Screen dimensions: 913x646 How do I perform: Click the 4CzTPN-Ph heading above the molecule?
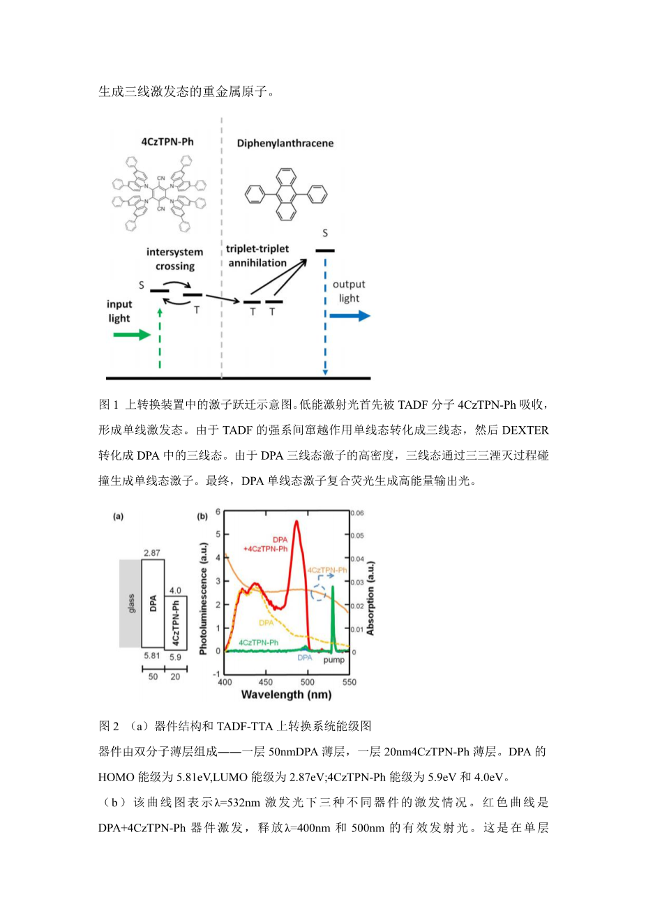click(x=167, y=142)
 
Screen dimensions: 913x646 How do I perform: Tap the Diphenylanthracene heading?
click(x=285, y=143)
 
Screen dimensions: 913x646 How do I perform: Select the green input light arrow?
click(x=131, y=335)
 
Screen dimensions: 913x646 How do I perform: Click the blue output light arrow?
click(x=350, y=317)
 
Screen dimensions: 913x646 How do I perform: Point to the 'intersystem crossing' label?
click(x=174, y=259)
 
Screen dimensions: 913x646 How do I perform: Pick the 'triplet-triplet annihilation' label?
click(x=257, y=256)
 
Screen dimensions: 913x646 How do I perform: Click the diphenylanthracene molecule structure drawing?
click(x=286, y=195)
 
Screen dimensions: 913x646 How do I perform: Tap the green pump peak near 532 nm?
click(x=333, y=600)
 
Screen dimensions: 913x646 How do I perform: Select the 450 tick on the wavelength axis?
click(x=266, y=681)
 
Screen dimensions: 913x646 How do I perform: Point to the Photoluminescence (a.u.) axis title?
click(x=203, y=598)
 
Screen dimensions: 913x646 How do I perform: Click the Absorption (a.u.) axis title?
click(x=370, y=598)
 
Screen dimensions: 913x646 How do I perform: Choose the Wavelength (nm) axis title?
click(x=286, y=695)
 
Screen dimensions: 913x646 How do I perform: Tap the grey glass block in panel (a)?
click(x=130, y=603)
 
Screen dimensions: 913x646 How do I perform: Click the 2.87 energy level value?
click(x=152, y=553)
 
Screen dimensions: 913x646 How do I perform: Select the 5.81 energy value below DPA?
click(x=152, y=656)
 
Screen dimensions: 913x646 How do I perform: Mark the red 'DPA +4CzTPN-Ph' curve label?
click(x=266, y=544)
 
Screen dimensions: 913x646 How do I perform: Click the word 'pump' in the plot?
click(x=334, y=660)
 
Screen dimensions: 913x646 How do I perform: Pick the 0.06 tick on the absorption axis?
click(x=356, y=513)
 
